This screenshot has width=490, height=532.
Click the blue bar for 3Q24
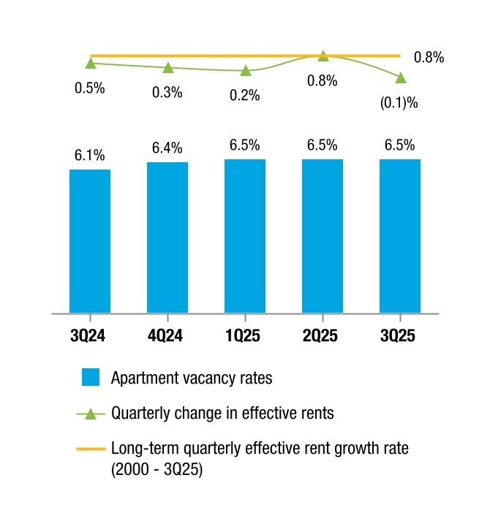click(90, 241)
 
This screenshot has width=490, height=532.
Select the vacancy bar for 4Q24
click(167, 237)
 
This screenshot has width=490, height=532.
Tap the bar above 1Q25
click(245, 236)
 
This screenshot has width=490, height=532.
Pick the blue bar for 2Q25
click(323, 236)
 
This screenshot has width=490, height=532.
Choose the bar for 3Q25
click(400, 236)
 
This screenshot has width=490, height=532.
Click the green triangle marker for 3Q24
click(91, 64)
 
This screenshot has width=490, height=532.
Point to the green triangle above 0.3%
click(168, 68)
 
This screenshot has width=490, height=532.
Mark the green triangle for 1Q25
click(246, 71)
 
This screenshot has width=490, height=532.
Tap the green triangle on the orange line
click(323, 56)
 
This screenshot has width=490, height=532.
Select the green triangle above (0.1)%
click(401, 78)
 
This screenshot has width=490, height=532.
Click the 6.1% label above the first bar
click(90, 155)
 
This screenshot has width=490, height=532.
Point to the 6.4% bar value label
click(167, 148)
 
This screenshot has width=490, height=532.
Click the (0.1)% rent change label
click(399, 102)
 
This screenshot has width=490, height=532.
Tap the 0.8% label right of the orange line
click(429, 57)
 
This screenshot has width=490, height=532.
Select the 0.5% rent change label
click(90, 88)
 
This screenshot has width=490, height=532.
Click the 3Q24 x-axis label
click(88, 335)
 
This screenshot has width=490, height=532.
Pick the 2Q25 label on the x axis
click(320, 335)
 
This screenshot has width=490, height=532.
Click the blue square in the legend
click(91, 377)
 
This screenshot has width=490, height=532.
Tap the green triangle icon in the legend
click(91, 414)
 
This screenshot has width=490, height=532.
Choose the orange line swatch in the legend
click(91, 449)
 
